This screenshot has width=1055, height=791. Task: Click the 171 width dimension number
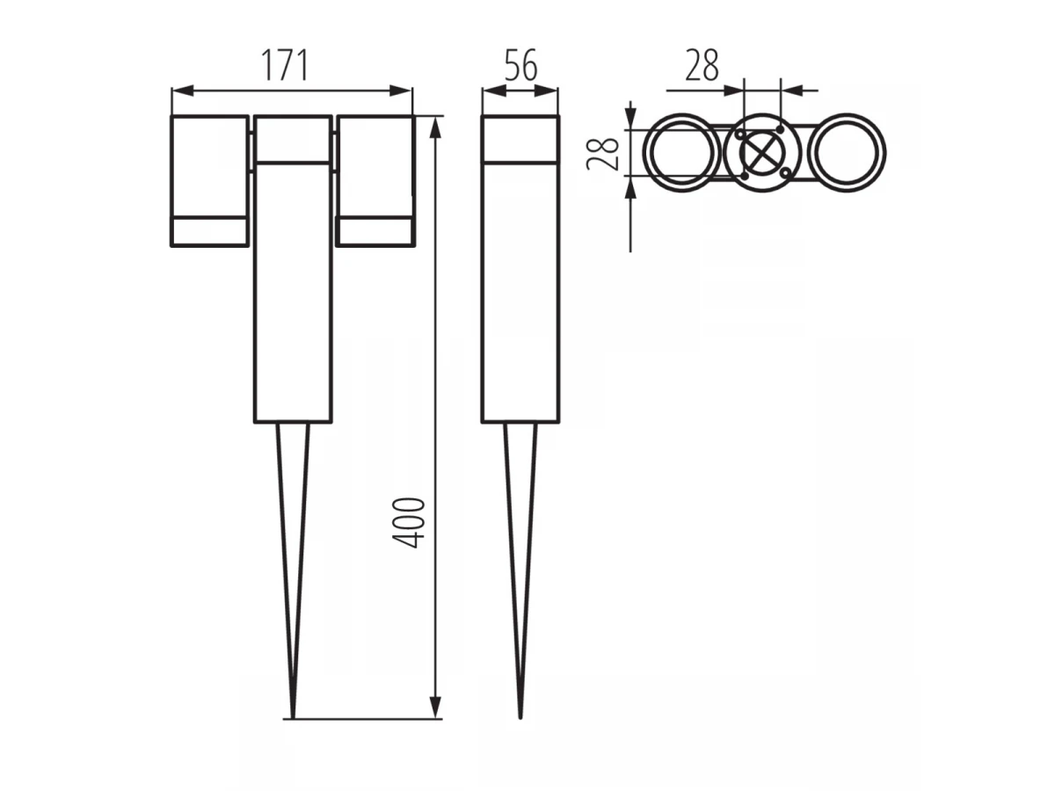[284, 65]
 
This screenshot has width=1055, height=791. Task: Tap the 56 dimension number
[520, 65]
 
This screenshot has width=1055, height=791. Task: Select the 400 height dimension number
[409, 523]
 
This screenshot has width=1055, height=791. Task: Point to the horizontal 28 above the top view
[702, 65]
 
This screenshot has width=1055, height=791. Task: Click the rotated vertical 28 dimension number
[602, 154]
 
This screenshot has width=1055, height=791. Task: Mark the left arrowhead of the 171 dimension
[183, 91]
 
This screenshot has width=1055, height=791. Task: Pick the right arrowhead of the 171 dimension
[400, 91]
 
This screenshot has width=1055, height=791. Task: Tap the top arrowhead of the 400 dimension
[435, 127]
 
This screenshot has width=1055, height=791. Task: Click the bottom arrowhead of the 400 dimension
[435, 708]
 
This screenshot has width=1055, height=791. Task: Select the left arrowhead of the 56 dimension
[494, 91]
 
